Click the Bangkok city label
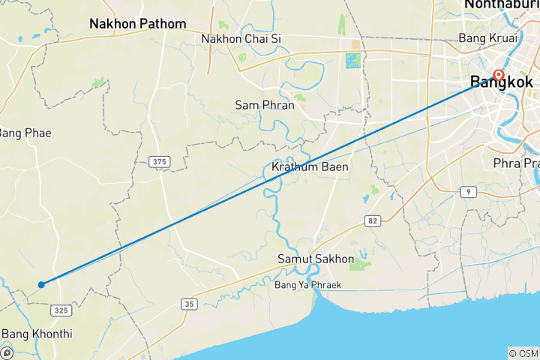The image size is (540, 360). tap(502, 82)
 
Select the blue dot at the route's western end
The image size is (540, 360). tap(42, 284)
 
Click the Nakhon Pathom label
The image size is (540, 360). tap(137, 24)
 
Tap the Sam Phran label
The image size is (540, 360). tap(264, 105)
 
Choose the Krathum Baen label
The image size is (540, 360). tap(310, 166)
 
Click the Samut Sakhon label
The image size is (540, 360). tap(315, 259)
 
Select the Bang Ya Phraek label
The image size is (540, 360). tap(308, 286)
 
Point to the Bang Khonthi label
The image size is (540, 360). tap(37, 333)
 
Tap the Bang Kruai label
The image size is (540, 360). tap(484, 37)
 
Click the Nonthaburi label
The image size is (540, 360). tap(501, 5)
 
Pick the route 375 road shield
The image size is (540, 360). tap(159, 161)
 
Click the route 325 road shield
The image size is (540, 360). tap(61, 310)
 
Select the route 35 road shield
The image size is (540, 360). tap(188, 303)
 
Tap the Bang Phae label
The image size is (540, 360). tap(25, 133)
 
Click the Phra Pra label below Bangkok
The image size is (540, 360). tap(516, 163)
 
